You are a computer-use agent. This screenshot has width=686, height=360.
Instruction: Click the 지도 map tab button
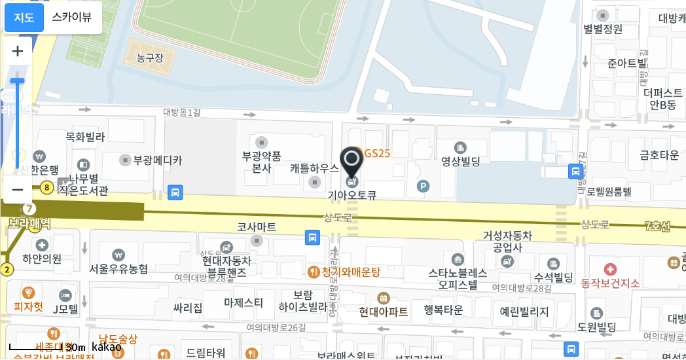(x=24, y=18)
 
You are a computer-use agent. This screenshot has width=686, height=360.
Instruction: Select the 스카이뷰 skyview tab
(x=72, y=18)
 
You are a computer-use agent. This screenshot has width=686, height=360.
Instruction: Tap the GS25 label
(x=377, y=153)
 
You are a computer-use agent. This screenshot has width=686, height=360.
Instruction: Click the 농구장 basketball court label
(x=150, y=58)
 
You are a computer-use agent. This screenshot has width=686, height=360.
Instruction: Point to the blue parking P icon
(x=424, y=187)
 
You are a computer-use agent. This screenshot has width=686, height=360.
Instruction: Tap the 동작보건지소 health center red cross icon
(x=610, y=269)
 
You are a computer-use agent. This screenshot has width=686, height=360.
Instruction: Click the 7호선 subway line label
(x=657, y=226)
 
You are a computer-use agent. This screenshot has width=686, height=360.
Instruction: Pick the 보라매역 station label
(x=29, y=223)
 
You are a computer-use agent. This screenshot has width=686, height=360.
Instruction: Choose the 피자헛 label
(x=29, y=306)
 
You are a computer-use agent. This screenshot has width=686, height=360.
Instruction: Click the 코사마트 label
(x=257, y=226)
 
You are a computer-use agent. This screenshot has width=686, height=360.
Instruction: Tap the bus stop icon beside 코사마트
(x=313, y=236)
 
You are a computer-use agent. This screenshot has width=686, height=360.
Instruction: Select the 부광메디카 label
(x=158, y=159)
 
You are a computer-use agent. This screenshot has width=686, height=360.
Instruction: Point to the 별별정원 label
(x=603, y=29)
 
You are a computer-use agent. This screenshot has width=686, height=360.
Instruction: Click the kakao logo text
(x=106, y=346)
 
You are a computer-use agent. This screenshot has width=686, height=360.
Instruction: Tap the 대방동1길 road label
(x=182, y=112)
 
